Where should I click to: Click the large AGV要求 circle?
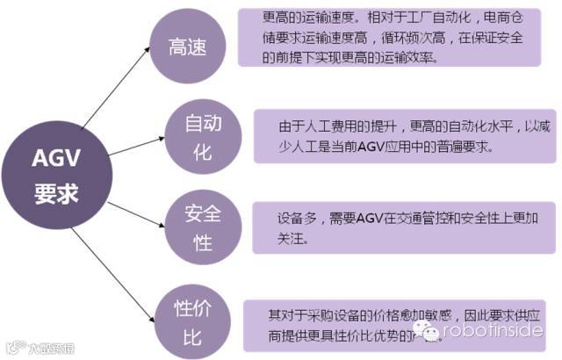pyautogui.click(x=55, y=175)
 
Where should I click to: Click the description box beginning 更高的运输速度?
pyautogui.click(x=387, y=38)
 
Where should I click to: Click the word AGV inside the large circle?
pyautogui.click(x=55, y=159)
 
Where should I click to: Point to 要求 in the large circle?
pyautogui.click(x=55, y=191)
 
